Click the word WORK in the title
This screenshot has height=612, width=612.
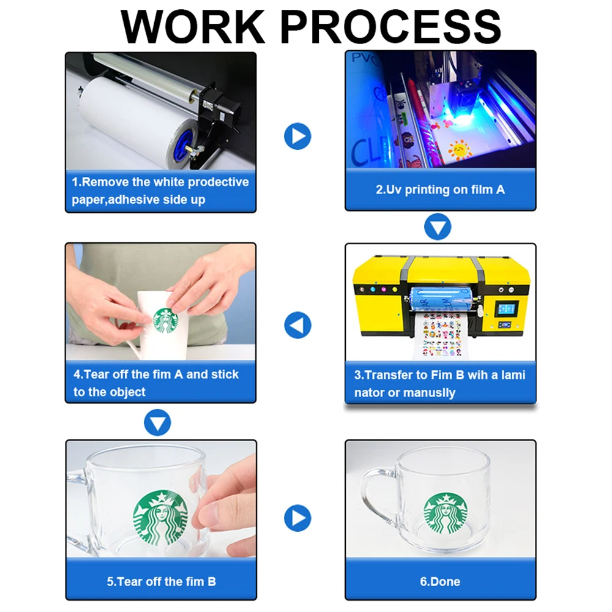click(193, 26)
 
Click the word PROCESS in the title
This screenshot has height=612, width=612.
click(390, 26)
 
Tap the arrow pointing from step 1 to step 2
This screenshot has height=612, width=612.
click(297, 136)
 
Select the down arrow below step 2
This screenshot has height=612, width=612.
click(438, 227)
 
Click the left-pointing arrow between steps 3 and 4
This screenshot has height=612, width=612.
click(297, 325)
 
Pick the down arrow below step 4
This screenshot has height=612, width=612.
click(157, 422)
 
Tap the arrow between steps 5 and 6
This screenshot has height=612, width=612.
click(297, 518)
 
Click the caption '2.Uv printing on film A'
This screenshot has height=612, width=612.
click(440, 190)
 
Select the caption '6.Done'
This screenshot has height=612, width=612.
click(440, 581)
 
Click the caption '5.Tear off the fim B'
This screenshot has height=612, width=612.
click(161, 581)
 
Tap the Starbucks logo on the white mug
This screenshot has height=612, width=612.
click(165, 321)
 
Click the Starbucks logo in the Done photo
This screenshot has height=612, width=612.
click(446, 513)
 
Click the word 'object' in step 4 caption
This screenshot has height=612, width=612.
click(127, 392)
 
